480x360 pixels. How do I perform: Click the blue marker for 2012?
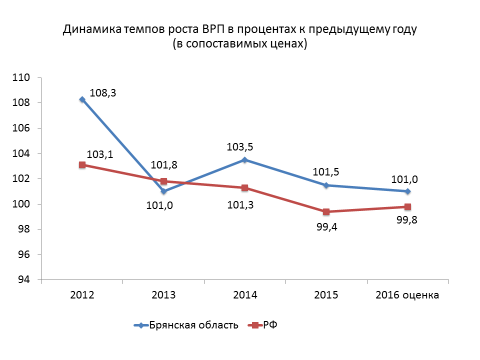82,99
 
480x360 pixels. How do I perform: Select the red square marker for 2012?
82,164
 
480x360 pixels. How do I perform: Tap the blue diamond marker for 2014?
245,160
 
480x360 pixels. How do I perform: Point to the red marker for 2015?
326,211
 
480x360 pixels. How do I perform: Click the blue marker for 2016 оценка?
408,191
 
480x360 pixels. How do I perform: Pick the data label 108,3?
102,93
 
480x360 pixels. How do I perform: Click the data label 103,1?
99,155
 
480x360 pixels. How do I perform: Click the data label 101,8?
164,164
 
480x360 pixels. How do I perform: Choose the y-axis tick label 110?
23,78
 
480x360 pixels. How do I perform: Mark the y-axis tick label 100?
23,204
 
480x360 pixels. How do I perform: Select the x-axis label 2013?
163,295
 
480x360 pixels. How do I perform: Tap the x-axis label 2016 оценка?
407,295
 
